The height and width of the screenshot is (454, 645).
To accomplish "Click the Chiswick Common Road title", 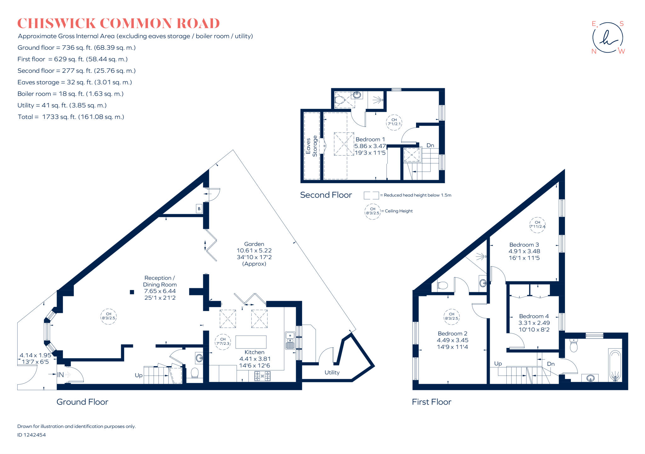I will (x=118, y=24).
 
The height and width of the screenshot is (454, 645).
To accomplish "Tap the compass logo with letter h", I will (x=608, y=38).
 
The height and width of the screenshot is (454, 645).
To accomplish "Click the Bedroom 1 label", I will (x=370, y=139).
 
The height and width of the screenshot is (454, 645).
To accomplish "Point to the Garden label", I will (x=254, y=244).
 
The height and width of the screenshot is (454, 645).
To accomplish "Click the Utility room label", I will (x=332, y=372).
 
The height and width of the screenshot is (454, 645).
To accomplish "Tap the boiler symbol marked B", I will (x=199, y=209).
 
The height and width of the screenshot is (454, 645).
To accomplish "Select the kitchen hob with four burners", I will (x=262, y=376).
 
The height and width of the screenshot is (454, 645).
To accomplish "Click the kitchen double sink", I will (x=290, y=340).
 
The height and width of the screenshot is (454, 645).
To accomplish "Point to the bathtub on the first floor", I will (x=615, y=365).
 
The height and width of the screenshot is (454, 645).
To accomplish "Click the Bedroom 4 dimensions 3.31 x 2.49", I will (x=534, y=323).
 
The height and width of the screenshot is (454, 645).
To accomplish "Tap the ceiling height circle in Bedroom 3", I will (x=537, y=225).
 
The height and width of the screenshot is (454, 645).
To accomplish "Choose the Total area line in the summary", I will (x=71, y=117).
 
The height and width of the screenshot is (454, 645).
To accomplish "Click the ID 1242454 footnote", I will (x=31, y=435).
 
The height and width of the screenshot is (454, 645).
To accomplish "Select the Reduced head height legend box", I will (x=371, y=195).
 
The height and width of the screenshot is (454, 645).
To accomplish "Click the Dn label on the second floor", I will (x=430, y=145).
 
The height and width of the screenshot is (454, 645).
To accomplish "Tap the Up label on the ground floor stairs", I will (x=139, y=375).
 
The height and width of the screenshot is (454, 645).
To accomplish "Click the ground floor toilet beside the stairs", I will (x=195, y=373).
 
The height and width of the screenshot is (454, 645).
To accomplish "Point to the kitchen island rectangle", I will (x=251, y=342).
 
